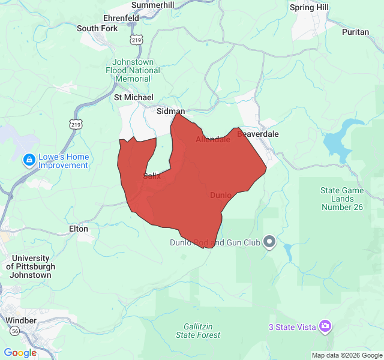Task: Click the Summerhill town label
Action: [x=152, y=5]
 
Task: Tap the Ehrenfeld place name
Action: [x=121, y=18]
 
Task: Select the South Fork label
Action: [x=97, y=28]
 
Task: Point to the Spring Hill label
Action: [x=309, y=7]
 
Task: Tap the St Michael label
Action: [x=134, y=97]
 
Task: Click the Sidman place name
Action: [x=170, y=112]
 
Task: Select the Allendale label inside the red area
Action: [x=213, y=139]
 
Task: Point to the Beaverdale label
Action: [x=258, y=134]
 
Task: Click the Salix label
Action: [x=152, y=176]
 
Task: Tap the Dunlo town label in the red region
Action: [x=220, y=195]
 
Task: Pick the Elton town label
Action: [x=79, y=229]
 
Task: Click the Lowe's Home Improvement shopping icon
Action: [x=28, y=161]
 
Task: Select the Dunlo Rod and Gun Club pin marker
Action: [x=269, y=242]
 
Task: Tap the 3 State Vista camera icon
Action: [x=325, y=326]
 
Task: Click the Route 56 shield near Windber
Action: [x=13, y=331]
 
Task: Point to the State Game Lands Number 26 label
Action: [x=342, y=199]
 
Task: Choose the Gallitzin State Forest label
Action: [x=198, y=331]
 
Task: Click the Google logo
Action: [x=20, y=353]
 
